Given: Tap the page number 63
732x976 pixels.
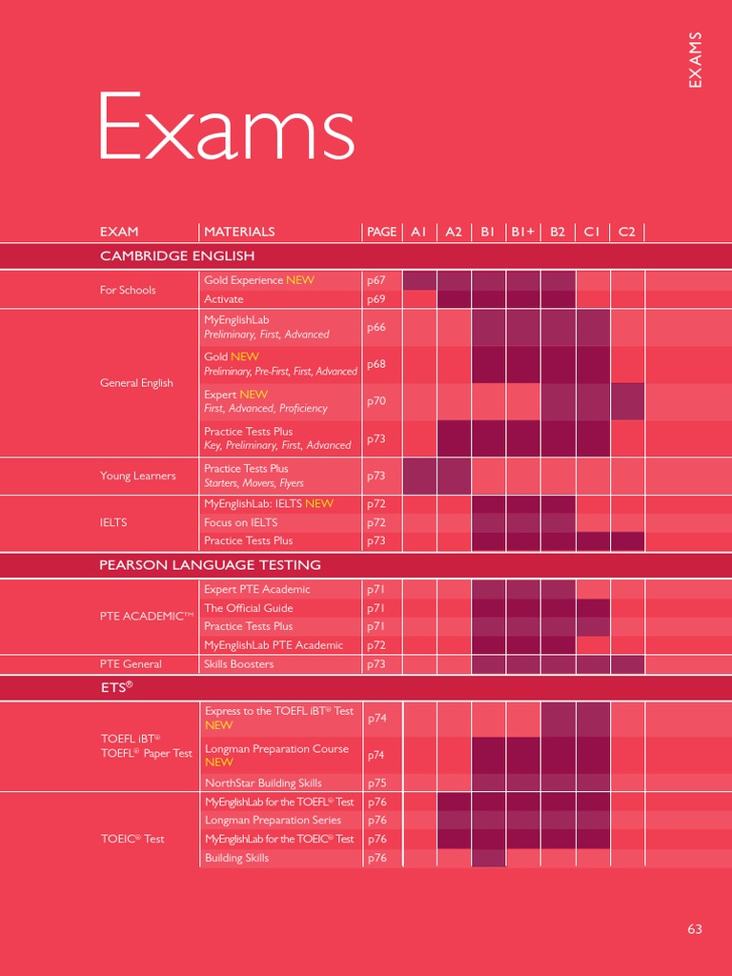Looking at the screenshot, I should click(x=695, y=928).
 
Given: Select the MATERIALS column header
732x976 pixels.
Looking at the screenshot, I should click(x=239, y=232).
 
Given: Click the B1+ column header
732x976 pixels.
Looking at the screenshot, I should click(x=522, y=232).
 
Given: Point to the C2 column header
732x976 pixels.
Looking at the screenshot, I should click(x=626, y=232).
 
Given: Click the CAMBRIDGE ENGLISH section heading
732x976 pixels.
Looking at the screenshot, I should click(x=177, y=255).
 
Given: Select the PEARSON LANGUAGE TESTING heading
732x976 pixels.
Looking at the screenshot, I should click(x=210, y=565).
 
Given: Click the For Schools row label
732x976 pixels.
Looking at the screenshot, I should click(x=128, y=290).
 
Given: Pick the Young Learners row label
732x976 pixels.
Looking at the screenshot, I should click(x=138, y=476).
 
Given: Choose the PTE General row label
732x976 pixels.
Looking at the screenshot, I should click(x=131, y=664).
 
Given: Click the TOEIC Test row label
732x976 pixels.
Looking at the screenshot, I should click(x=132, y=839).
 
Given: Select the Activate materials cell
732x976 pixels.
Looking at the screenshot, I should click(x=224, y=299).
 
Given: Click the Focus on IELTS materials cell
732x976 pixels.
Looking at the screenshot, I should click(x=241, y=522).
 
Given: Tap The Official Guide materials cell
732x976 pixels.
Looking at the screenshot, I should click(x=249, y=608).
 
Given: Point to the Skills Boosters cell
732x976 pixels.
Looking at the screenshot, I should click(x=239, y=664).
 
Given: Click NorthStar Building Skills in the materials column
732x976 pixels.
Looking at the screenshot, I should click(x=263, y=783).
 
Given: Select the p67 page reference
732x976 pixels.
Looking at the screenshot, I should click(x=376, y=280).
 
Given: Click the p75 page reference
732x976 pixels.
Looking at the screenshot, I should click(x=376, y=783).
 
